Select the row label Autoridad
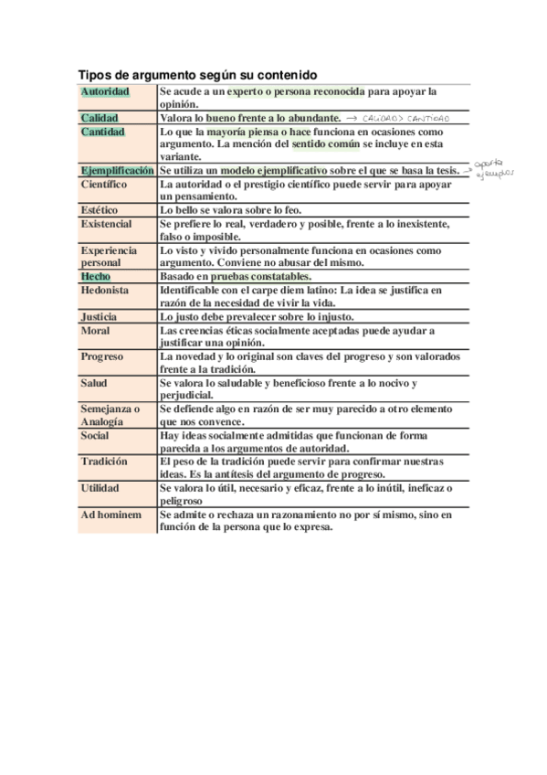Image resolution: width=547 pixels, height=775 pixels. pos(105,92)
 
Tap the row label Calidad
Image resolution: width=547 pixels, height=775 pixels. pos(100,119)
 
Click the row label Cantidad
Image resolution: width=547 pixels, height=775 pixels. pos(102,132)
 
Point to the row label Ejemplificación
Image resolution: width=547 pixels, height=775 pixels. pos(117,171)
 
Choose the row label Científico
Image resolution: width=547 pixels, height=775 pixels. pos(104,184)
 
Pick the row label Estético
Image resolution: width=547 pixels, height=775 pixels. pos(100,210)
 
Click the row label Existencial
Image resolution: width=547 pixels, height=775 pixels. pos(106,224)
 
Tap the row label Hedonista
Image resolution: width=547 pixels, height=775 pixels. pos(104,290)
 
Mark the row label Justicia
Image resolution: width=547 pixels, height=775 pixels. pos(99,316)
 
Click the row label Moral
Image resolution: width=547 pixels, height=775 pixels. pos(95,330)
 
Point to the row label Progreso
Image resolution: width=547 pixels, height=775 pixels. pos(101,356)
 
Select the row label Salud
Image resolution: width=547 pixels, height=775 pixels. pos(93,383)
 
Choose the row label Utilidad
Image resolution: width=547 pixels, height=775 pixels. pos(100,488)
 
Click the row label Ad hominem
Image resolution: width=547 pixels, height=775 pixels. pos(110,515)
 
